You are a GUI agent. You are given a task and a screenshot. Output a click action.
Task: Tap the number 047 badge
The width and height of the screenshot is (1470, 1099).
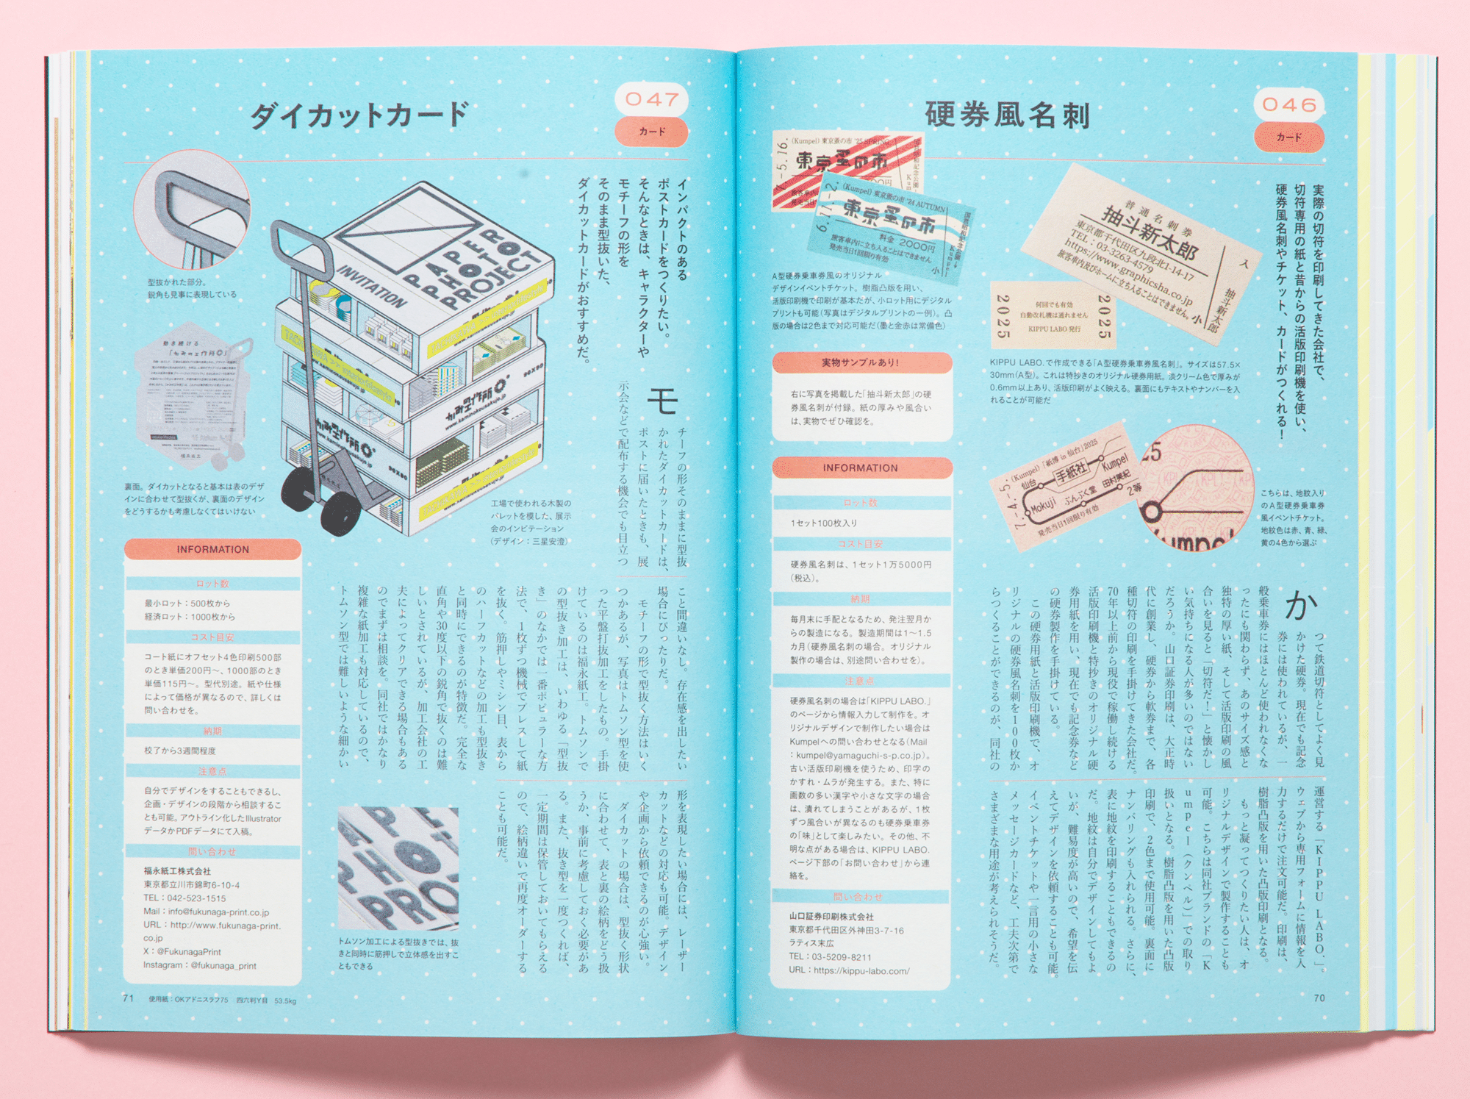pyautogui.click(x=651, y=99)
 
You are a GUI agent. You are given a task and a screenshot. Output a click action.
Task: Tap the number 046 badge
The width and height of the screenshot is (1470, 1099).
pyautogui.click(x=1289, y=105)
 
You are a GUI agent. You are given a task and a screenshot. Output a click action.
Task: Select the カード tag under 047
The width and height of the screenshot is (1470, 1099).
pyautogui.click(x=651, y=132)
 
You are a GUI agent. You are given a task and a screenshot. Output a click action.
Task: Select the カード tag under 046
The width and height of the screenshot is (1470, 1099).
pyautogui.click(x=1289, y=137)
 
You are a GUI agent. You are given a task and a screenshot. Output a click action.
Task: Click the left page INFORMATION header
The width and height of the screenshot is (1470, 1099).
pyautogui.click(x=212, y=549)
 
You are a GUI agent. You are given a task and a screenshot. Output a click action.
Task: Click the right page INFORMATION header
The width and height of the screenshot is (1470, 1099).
pyautogui.click(x=860, y=468)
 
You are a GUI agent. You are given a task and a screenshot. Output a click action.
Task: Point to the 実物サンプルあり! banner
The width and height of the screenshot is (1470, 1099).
pyautogui.click(x=860, y=362)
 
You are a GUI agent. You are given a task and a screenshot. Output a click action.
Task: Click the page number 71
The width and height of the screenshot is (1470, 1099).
pyautogui.click(x=129, y=998)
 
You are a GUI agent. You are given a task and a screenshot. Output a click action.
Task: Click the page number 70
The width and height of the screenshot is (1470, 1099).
pyautogui.click(x=1319, y=998)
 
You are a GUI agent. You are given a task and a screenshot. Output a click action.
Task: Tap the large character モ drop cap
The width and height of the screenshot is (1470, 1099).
pyautogui.click(x=662, y=401)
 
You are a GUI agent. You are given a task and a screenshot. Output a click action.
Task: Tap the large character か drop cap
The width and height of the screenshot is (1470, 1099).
pyautogui.click(x=1300, y=606)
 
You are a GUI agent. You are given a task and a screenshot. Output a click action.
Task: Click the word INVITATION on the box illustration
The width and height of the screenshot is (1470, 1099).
pyautogui.click(x=371, y=287)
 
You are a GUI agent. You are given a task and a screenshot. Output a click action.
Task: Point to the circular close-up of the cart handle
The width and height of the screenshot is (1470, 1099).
pyautogui.click(x=193, y=210)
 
